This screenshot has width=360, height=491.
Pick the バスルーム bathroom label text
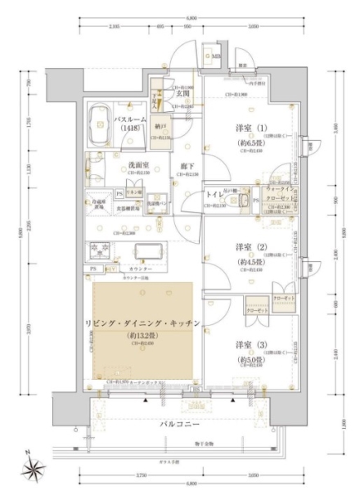tap(129, 119)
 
